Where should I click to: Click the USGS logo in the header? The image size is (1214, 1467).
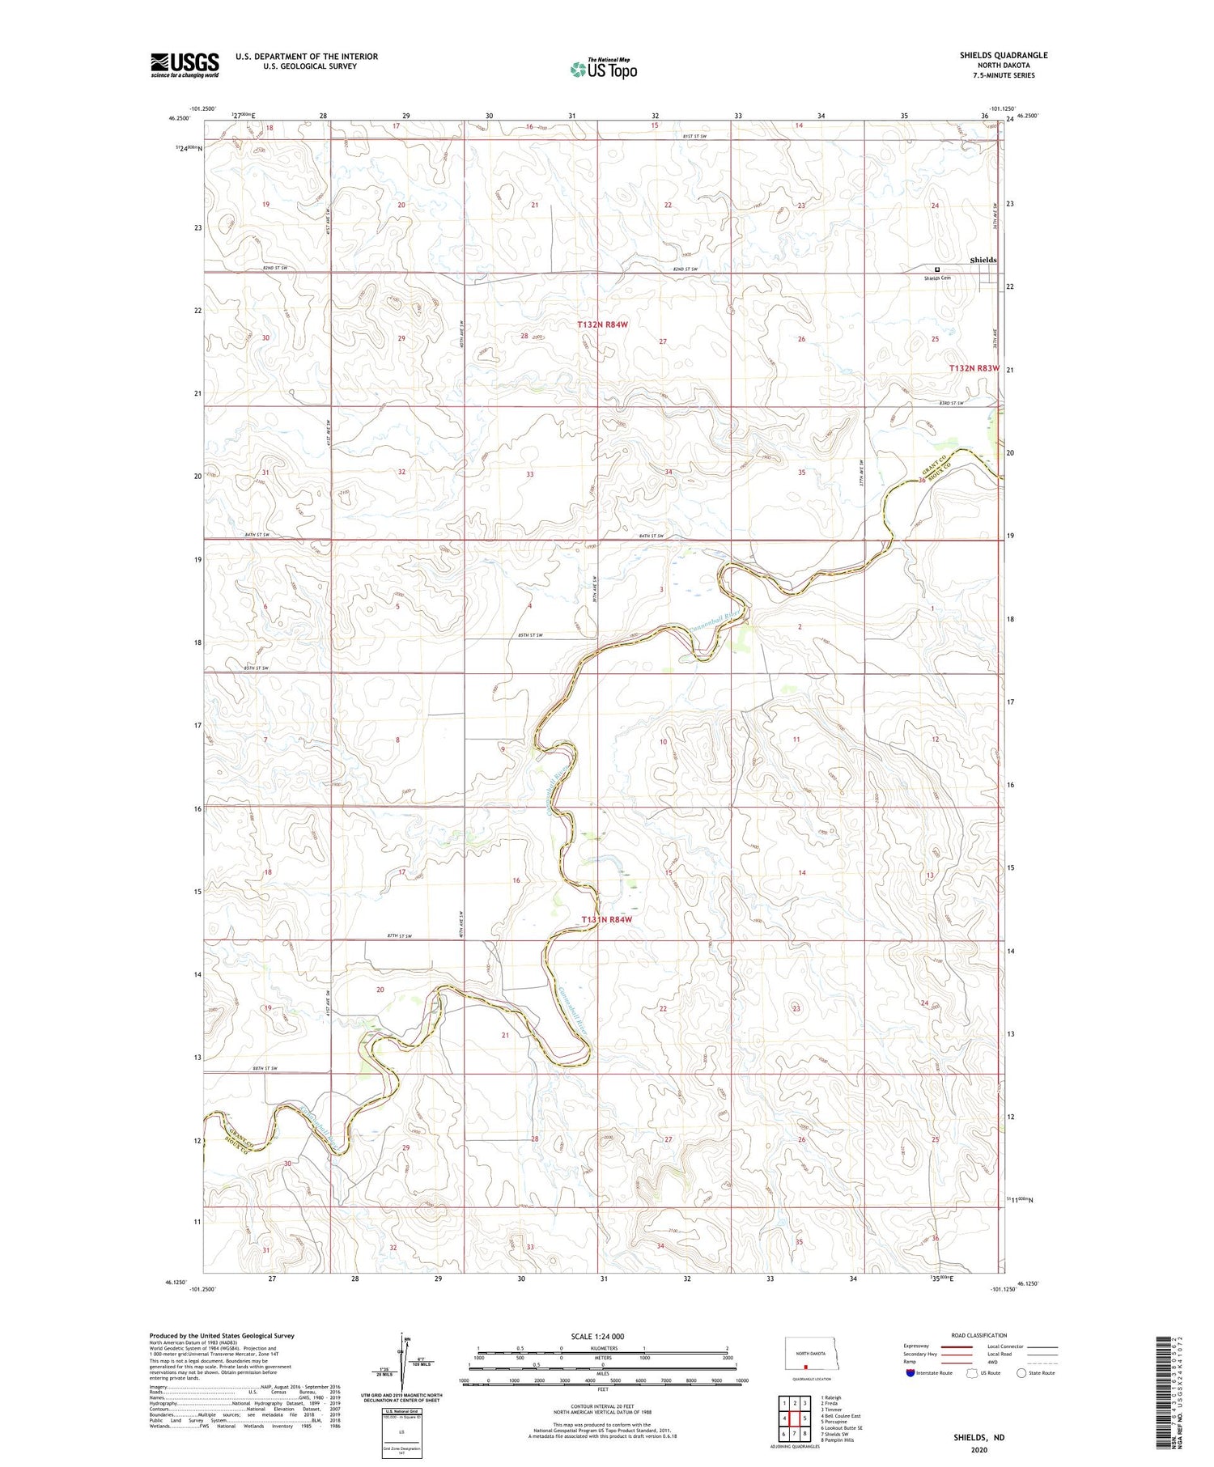coord(185,65)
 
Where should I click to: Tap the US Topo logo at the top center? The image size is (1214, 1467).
coord(603,70)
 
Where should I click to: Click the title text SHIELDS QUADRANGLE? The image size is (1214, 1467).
coord(1004,55)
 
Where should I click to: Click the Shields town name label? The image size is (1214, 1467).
coord(983,260)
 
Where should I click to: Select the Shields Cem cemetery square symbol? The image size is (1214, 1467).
coord(938,269)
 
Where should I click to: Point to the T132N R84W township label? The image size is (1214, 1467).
coord(602,324)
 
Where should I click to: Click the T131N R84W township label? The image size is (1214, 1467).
coord(606,919)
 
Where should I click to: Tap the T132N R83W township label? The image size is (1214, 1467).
coord(974,368)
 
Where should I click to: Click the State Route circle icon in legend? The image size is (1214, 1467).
coord(1021,1373)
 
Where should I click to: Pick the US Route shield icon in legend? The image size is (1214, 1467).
coord(972,1373)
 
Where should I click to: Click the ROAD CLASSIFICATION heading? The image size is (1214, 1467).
coord(979,1335)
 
